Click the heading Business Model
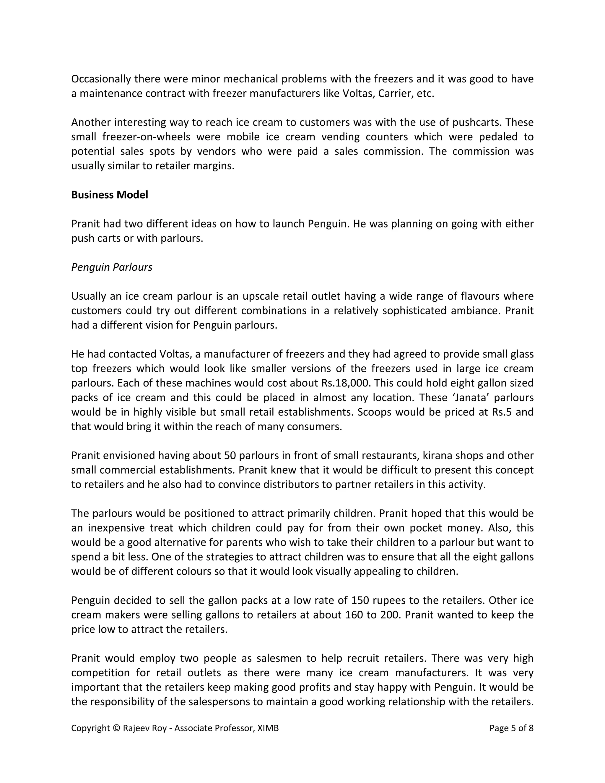[x=109, y=195]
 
